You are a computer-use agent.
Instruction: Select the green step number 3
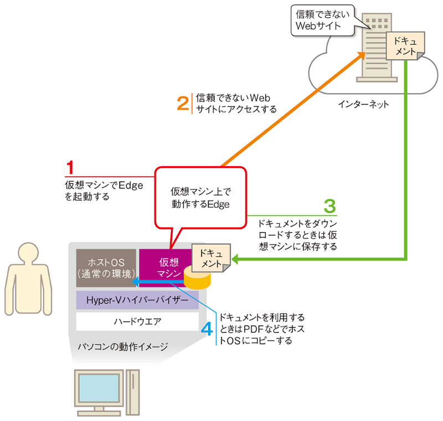point(329,207)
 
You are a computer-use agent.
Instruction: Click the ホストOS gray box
point(106,267)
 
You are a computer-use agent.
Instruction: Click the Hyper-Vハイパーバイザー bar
point(137,300)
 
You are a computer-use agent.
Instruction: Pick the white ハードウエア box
point(137,321)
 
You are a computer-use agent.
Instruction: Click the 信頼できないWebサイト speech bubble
point(322,20)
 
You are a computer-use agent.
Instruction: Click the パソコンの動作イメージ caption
point(123,346)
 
